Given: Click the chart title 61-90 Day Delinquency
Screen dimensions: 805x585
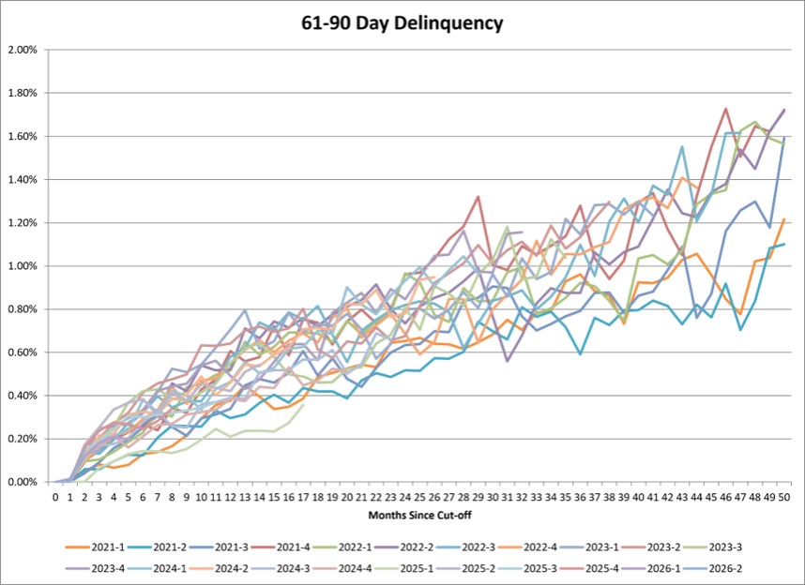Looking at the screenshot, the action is tap(402, 23).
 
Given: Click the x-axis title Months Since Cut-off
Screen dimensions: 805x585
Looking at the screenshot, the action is tap(419, 515).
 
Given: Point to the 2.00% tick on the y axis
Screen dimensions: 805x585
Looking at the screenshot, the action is tap(23, 50).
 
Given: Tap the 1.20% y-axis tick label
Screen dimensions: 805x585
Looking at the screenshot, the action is tap(23, 223).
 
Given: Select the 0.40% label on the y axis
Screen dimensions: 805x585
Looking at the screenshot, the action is tap(23, 396).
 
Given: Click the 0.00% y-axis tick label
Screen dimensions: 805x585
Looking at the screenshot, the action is tap(23, 483).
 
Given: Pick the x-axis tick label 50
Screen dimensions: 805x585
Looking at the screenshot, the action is tap(784, 497).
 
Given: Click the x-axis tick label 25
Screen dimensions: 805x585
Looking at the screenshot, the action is tap(419, 497).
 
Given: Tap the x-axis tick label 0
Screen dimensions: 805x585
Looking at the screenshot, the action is tap(55, 497).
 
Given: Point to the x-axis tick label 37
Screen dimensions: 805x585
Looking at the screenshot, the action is tap(595, 497).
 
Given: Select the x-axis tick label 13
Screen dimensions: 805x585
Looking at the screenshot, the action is tap(245, 497).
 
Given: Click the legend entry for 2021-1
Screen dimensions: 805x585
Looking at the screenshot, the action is tap(96, 547).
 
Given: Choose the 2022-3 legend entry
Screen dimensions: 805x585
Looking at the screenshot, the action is tap(465, 547).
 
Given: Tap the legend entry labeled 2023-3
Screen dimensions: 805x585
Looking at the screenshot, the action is tap(712, 547).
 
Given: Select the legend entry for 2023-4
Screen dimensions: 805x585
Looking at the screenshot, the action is tap(96, 568).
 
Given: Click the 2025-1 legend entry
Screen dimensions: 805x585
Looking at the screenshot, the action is tap(404, 568).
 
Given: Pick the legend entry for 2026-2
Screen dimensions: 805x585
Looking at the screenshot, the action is tap(712, 568).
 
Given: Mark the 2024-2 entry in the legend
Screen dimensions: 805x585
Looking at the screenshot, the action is tap(219, 568).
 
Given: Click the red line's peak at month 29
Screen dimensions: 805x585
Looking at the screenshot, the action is tap(478, 197).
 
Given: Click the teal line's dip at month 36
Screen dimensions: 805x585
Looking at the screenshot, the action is tap(580, 354).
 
